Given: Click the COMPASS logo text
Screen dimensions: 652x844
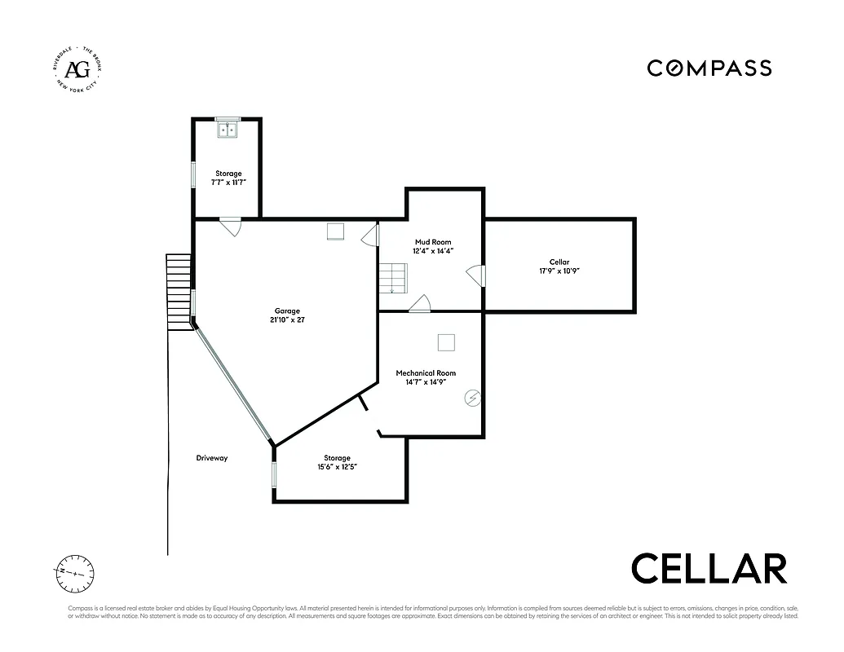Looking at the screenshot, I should [709, 68].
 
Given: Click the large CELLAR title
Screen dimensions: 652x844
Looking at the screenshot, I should [709, 568].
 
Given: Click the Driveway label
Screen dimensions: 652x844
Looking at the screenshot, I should [212, 458].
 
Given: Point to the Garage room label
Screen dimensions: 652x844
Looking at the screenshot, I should [287, 311].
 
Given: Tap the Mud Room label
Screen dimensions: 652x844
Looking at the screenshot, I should [433, 242].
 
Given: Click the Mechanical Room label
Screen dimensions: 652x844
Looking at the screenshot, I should [426, 373].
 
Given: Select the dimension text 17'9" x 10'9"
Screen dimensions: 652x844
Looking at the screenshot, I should [559, 271].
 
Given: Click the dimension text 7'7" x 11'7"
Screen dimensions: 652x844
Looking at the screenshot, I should [228, 183].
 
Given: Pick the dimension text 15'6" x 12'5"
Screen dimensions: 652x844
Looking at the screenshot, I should [337, 467].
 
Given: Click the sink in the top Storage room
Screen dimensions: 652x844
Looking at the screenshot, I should [227, 129].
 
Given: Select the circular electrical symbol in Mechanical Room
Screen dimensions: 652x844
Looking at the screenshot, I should [472, 399].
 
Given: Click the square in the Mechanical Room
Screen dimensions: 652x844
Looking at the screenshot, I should [446, 342].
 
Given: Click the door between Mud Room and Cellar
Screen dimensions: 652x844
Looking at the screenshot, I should [477, 276].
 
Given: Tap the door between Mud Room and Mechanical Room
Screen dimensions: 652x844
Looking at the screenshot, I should [421, 304].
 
